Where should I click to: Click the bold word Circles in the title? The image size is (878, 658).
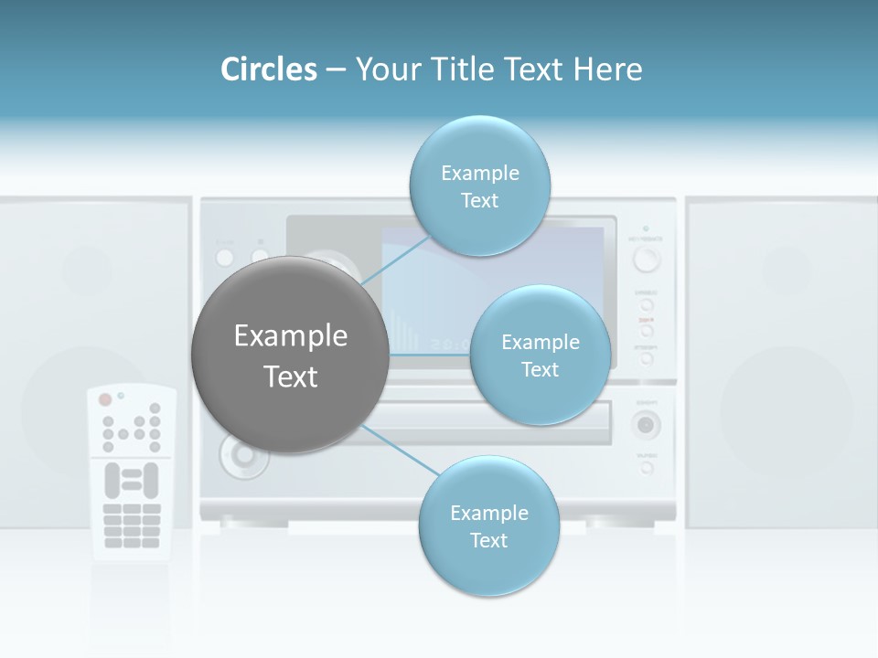[x=269, y=69]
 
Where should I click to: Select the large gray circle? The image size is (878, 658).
[x=290, y=355]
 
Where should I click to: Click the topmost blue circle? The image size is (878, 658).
[x=479, y=186]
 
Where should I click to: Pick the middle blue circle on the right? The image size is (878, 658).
[x=540, y=355]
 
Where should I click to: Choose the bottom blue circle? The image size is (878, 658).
[x=488, y=525]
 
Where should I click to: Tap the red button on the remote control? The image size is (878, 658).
[x=105, y=399]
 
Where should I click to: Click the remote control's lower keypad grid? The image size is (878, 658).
[x=132, y=525]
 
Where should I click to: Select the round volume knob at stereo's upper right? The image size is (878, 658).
[x=647, y=260]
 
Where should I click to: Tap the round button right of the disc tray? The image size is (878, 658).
[x=647, y=424]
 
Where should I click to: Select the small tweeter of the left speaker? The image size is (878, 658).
[x=87, y=270]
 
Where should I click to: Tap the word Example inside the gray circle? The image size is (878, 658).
[x=290, y=336]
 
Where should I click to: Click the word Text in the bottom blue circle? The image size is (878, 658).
[x=488, y=540]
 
